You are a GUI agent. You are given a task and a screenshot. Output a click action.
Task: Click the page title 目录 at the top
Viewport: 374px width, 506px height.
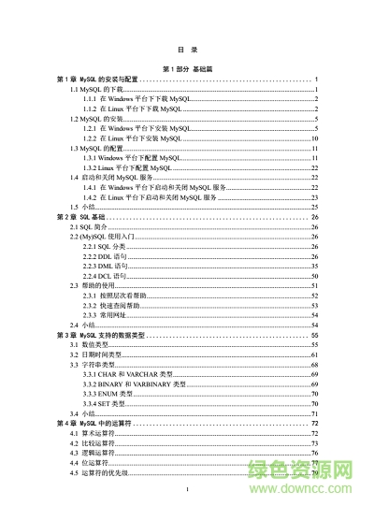(x=187, y=49)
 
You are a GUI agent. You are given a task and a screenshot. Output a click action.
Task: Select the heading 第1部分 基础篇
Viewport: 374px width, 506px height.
(x=187, y=69)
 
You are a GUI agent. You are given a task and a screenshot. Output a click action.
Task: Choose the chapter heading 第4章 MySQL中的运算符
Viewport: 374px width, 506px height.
(x=104, y=424)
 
